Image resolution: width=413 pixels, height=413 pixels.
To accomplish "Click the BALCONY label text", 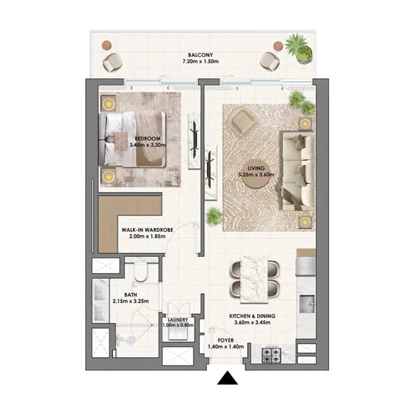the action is tap(201, 55).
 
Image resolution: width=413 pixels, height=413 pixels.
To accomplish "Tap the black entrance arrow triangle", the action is tap(227, 378).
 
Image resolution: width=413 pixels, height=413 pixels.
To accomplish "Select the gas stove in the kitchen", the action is tap(272, 355).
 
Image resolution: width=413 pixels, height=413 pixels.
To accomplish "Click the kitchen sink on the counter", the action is tap(307, 304).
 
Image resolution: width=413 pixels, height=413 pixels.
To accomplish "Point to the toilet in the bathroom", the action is tap(141, 272).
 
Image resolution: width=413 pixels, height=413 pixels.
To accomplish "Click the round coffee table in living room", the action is tap(256, 174).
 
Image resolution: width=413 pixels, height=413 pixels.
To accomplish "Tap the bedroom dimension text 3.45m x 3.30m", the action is tap(148, 145).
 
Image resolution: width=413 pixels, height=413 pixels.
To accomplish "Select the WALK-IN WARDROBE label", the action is tap(147, 230).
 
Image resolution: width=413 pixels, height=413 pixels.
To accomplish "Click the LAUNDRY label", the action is tap(178, 320).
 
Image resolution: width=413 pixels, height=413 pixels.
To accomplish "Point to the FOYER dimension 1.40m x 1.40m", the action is tap(226, 347).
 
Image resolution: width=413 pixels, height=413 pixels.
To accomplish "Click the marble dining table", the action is tap(254, 279).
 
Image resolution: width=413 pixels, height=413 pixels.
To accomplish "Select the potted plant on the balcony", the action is tap(300, 49).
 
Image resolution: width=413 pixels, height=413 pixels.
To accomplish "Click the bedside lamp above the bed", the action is tap(108, 104).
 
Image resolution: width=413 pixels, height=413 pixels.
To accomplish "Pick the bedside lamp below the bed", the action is tap(108, 175).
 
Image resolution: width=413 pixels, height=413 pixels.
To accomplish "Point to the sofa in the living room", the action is tap(298, 171).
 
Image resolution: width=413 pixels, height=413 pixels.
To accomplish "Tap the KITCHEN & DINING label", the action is tap(252, 316).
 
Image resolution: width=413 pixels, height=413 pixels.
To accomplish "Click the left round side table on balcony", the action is tap(107, 45).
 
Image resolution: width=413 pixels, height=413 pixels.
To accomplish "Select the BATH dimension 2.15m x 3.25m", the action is tap(131, 301).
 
